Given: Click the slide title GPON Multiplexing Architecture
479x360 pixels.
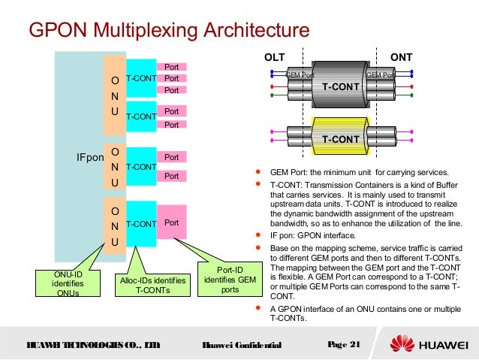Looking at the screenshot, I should point(168,31).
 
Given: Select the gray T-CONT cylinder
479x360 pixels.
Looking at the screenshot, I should point(341,86).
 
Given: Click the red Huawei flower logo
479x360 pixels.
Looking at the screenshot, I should point(401,345).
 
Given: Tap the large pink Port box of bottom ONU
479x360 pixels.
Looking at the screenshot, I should point(171,223).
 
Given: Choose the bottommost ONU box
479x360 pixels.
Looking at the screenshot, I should point(114,223).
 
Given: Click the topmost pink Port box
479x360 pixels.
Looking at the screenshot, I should point(171,67).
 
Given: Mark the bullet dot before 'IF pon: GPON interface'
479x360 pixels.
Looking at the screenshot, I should point(259,234).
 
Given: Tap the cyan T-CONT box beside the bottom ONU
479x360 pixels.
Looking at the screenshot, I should point(140,223).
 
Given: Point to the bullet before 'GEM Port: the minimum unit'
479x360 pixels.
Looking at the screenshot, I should point(259,171).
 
